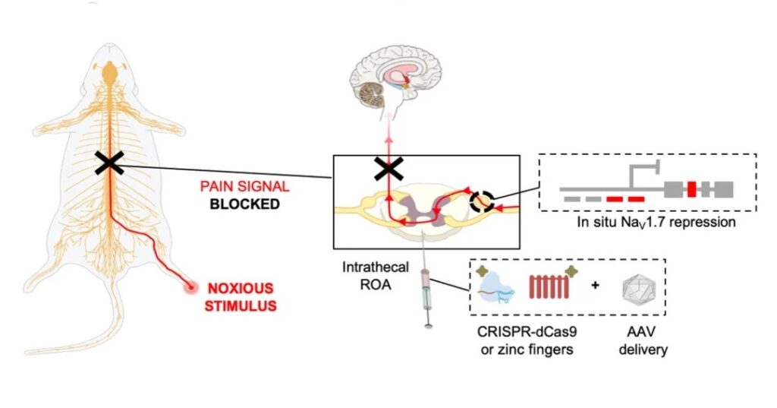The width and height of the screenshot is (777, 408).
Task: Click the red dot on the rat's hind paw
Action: [x=190, y=287]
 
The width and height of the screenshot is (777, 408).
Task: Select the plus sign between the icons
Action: [x=595, y=286]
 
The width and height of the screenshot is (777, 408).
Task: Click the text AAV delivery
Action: [x=638, y=343]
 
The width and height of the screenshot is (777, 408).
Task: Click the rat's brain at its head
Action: [x=111, y=74]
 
